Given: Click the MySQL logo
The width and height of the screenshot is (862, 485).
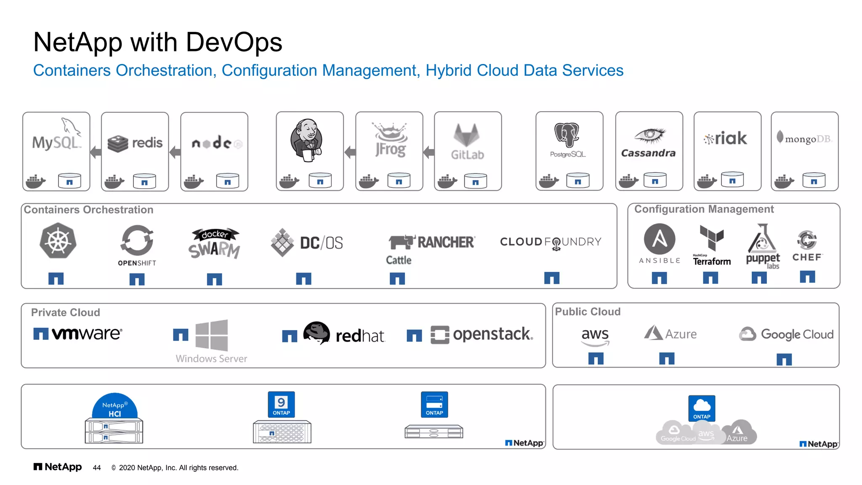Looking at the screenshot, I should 56,139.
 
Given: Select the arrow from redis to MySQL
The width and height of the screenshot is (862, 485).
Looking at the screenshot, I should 96,152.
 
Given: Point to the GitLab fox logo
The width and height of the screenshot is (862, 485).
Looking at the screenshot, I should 466,135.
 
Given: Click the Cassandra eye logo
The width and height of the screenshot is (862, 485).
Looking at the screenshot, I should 649,136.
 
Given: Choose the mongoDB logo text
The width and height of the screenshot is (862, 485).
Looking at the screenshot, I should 807,139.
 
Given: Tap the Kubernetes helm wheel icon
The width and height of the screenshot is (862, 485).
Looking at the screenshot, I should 58,241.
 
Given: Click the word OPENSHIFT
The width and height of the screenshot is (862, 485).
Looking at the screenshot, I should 137,263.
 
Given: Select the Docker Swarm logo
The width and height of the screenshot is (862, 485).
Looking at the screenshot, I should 215,243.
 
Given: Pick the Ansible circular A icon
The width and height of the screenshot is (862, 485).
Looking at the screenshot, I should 660,239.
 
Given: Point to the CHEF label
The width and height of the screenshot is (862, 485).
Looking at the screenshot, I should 807,257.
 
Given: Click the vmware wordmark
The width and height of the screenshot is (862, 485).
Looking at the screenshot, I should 87,333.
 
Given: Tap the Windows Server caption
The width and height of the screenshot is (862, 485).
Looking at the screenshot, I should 211,359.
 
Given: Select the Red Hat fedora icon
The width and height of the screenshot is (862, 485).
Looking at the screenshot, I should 317,333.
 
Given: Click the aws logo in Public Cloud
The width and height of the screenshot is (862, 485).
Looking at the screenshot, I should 595,336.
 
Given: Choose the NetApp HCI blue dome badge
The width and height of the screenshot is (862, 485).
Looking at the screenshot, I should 114,406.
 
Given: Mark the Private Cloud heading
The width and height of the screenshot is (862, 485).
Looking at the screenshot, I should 66,312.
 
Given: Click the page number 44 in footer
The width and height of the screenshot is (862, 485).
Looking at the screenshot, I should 97,468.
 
